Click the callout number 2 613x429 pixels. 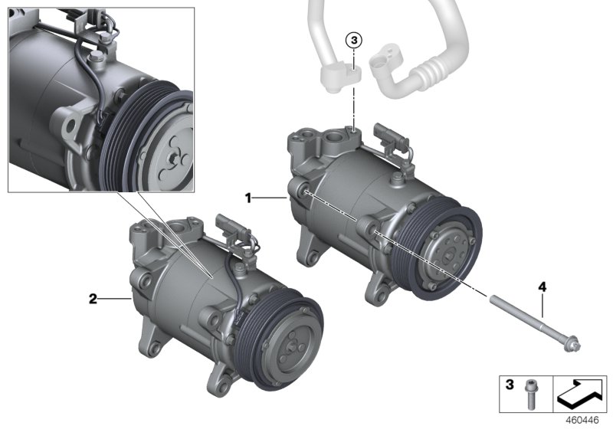coord(93,299)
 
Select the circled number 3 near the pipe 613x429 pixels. coord(352,39)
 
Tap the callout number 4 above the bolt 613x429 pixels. coord(542,287)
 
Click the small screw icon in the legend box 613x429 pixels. coord(529,393)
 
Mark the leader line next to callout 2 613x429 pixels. coord(113,299)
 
